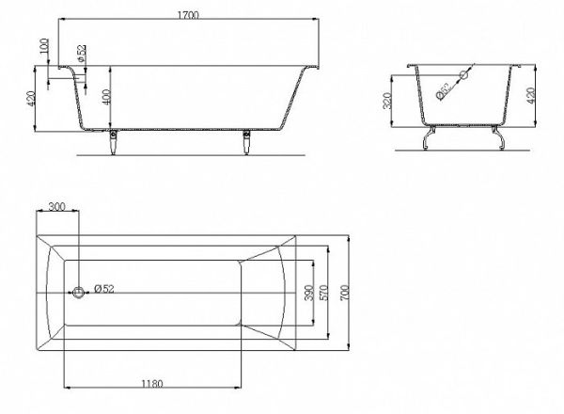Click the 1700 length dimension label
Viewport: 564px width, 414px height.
pos(188,15)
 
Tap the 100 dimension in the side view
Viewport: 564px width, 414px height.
pos(44,46)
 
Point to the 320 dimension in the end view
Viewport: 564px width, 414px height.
pos(387,101)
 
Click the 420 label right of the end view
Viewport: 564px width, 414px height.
pos(531,96)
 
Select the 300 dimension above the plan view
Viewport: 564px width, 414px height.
pos(56,207)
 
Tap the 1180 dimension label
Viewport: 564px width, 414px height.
pos(151,384)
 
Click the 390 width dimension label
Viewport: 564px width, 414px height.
pos(308,293)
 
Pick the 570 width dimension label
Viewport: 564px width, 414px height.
pos(323,293)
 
